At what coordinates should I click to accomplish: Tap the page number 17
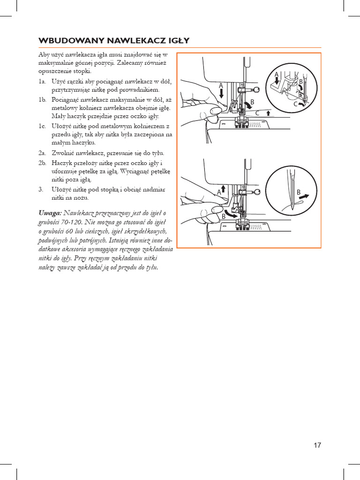click(317, 445)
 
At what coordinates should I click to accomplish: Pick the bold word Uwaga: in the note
click(50, 212)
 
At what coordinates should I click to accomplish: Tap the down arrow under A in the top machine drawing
click(221, 93)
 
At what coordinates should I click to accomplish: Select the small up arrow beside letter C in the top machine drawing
click(268, 113)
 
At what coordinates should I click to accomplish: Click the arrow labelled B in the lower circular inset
click(304, 197)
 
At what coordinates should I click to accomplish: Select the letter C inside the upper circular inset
click(296, 105)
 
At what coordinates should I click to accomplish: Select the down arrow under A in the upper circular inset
click(277, 82)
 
